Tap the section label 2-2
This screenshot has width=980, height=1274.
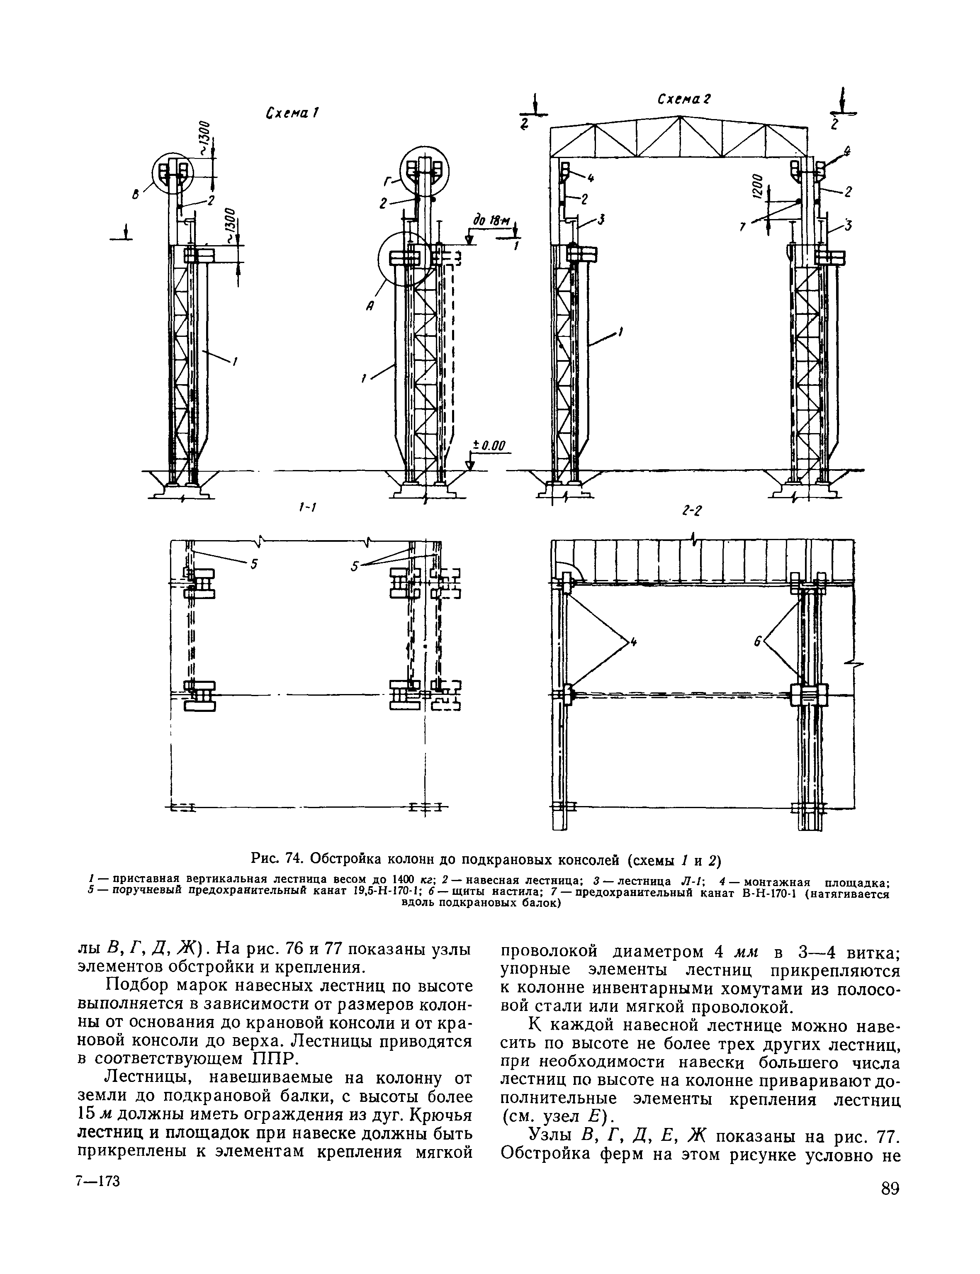[691, 512]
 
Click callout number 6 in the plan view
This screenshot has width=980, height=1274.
[757, 642]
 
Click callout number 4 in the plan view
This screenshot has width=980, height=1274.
[634, 642]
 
